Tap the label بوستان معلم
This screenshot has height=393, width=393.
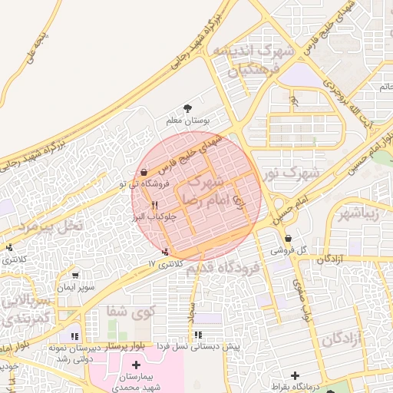click(x=188, y=121)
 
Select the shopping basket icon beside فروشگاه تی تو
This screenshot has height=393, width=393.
click(x=145, y=172)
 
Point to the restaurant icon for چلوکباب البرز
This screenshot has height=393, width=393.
click(x=154, y=205)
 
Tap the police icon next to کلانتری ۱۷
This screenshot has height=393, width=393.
click(x=165, y=252)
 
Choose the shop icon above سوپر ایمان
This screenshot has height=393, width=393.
click(x=75, y=275)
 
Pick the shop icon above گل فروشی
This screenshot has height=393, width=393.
click(x=288, y=238)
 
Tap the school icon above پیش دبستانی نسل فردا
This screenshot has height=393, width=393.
click(x=199, y=335)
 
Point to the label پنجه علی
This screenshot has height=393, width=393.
click(x=38, y=47)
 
